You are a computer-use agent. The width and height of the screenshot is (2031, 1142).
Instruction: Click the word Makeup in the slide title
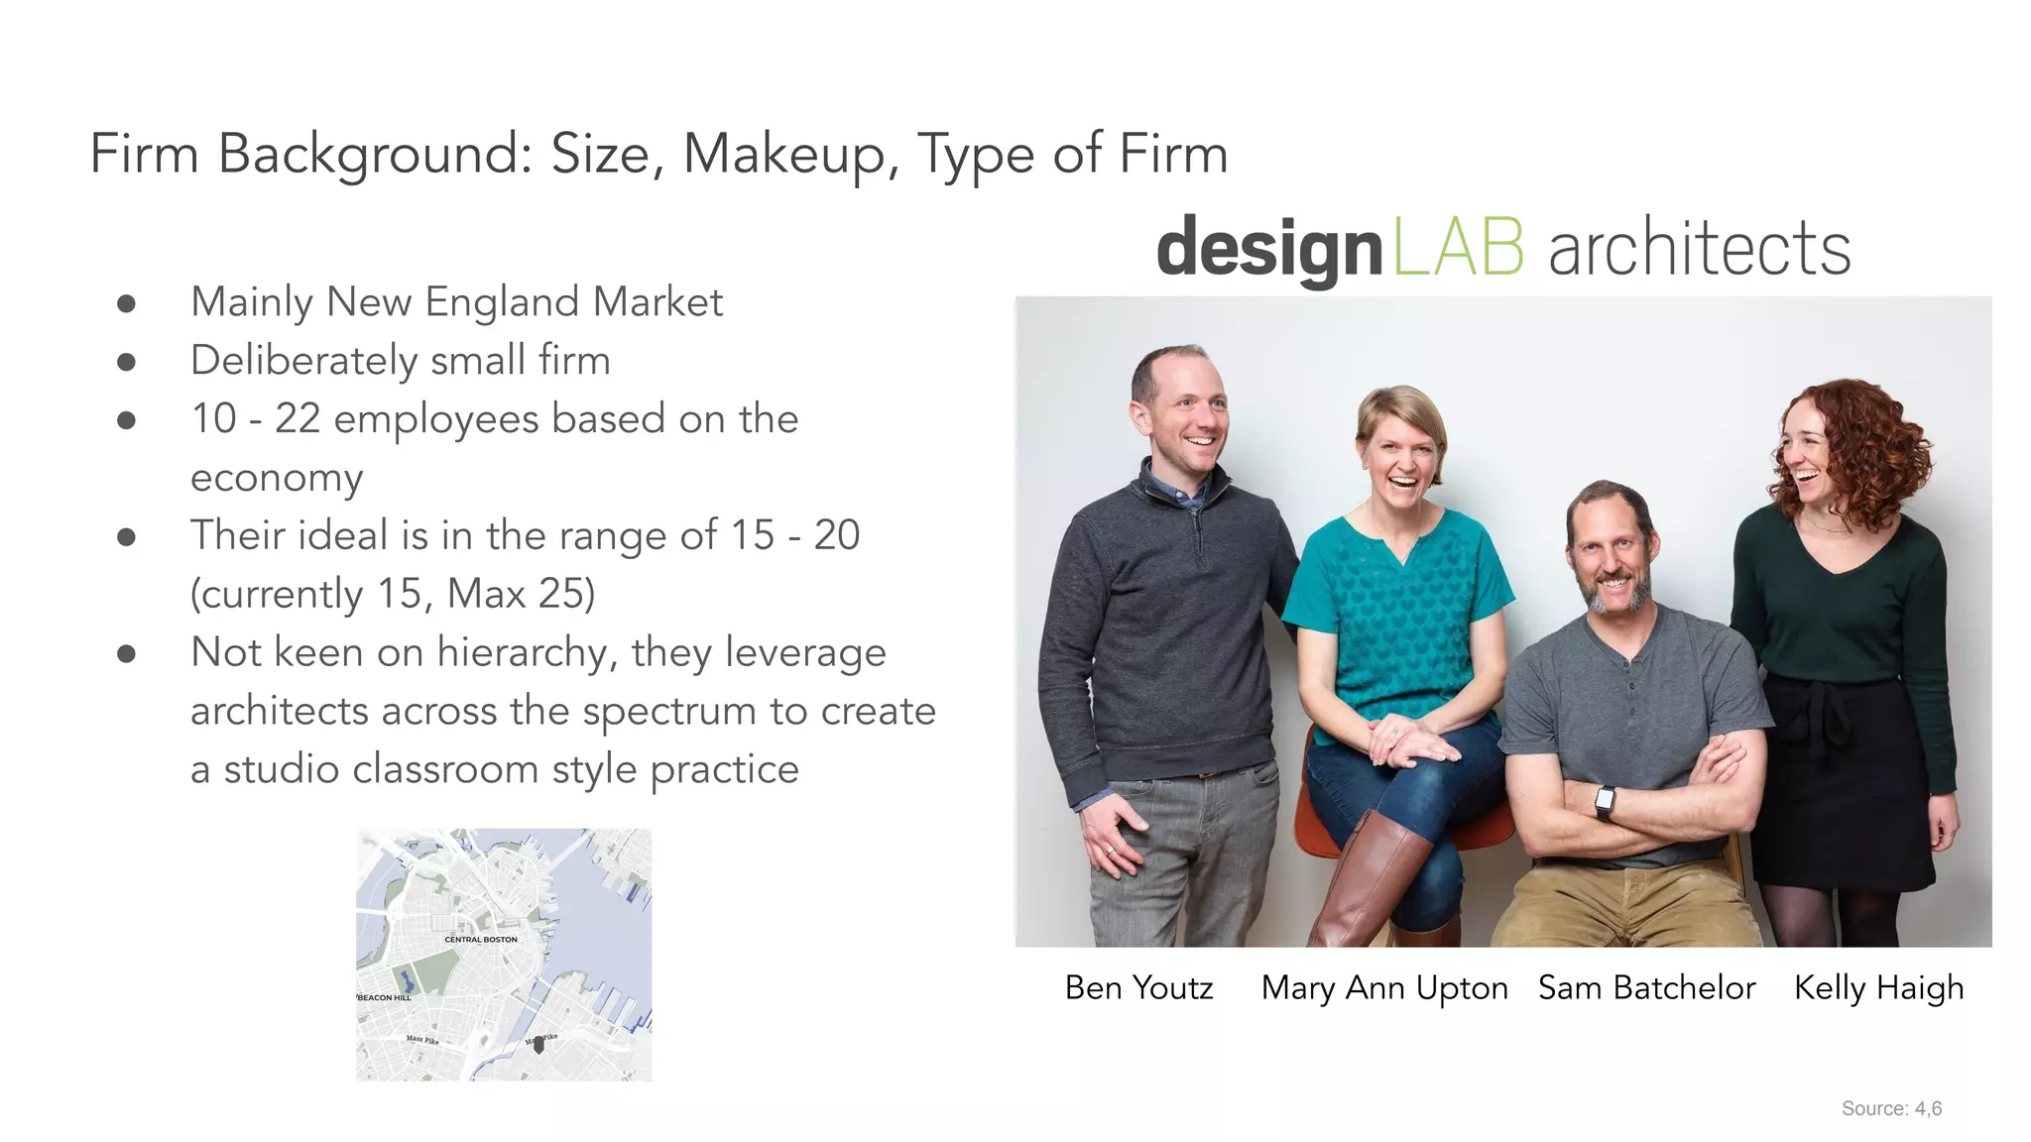pos(790,155)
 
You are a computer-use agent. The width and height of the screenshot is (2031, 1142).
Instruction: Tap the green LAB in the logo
pos(1458,248)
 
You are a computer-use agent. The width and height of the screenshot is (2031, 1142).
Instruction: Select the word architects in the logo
pos(1699,248)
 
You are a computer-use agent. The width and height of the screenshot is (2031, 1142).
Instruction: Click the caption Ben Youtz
pos(1138,987)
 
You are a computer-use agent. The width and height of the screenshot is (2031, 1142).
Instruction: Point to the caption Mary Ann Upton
pos(1384,987)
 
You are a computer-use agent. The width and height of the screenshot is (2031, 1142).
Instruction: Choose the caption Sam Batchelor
pos(1646,987)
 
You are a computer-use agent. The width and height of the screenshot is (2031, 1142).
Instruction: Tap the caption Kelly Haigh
pos(1878,987)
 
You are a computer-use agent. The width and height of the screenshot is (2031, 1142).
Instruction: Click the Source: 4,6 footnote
pos(1891,1108)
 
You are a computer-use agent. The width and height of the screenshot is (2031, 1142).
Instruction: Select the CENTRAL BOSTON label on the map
pos(481,939)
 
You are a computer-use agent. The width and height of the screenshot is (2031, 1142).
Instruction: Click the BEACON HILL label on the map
pos(384,997)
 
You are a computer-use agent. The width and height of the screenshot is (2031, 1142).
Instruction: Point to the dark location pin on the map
pos(538,1044)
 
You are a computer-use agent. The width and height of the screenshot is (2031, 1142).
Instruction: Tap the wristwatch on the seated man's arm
pos(1604,801)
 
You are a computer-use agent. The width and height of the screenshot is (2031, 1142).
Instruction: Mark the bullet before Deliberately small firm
pos(126,362)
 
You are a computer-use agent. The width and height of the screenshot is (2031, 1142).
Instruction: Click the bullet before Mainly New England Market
pos(126,303)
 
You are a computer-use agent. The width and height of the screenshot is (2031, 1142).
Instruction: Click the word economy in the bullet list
pos(277,478)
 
